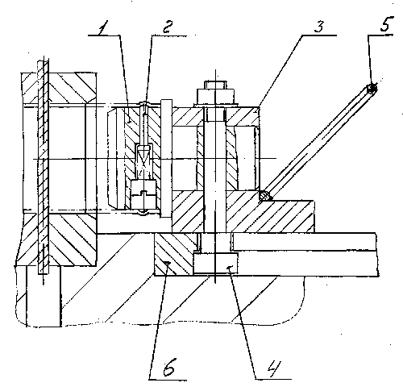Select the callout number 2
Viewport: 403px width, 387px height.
tap(167, 27)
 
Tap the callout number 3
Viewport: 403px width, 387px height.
tap(319, 27)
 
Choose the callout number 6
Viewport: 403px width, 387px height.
tap(168, 367)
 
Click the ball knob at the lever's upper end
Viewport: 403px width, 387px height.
tap(372, 89)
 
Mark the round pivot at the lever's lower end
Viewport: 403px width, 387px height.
tap(264, 195)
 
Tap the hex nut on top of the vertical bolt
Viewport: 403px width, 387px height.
tap(215, 96)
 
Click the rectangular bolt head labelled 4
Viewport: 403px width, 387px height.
tap(215, 263)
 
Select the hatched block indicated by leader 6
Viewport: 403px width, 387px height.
tap(173, 254)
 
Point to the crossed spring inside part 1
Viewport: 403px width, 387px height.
tap(143, 162)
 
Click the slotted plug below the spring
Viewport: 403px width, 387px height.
tap(143, 194)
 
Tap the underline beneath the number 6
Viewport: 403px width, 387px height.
tap(168, 380)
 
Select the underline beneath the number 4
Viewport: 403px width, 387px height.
tap(273, 379)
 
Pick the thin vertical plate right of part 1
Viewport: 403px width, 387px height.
tap(166, 159)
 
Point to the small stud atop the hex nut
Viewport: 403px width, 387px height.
tap(215, 85)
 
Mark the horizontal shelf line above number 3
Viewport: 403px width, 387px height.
tap(318, 35)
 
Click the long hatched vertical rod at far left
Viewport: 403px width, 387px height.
tap(43, 167)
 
